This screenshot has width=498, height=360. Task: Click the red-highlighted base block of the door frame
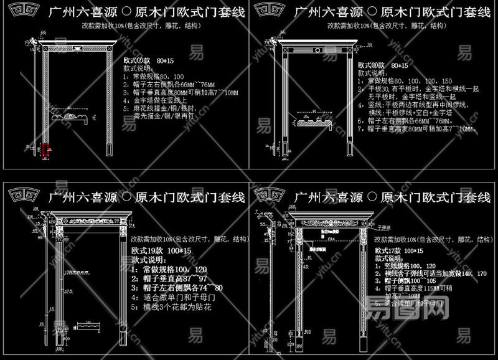[45, 150]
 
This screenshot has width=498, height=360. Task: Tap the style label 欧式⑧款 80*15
[383, 65]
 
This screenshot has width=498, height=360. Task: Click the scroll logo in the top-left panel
[22, 11]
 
